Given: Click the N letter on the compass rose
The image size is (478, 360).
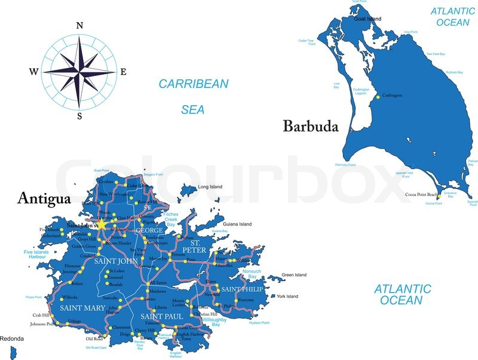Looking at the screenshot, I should (79, 25).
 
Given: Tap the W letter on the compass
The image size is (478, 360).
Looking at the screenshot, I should (33, 72).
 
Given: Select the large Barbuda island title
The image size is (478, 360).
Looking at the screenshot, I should (311, 126).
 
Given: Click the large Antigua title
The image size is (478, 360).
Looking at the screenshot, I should (44, 197).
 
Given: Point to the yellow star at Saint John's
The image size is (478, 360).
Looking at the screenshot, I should (102, 225).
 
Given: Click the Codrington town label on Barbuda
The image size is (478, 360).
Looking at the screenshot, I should (392, 96).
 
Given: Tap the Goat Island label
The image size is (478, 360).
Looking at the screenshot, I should (367, 19).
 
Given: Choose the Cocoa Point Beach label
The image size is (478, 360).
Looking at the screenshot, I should (421, 195).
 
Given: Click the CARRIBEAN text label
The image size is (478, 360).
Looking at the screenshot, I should (193, 84).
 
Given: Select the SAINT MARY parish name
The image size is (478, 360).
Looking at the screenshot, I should (82, 307).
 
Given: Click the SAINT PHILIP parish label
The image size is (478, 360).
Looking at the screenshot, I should (242, 289).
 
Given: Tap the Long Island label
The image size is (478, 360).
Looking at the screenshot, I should (210, 187).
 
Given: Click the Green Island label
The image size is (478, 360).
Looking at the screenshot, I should (294, 275).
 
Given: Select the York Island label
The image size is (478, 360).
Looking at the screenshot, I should (287, 296).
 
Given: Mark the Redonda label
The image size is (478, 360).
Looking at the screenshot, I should (12, 339).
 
